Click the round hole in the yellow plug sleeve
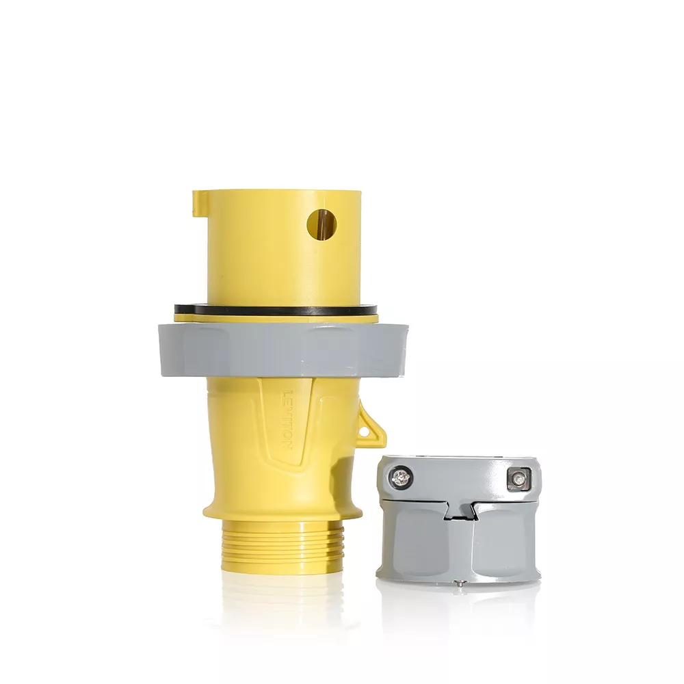click(x=322, y=225)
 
